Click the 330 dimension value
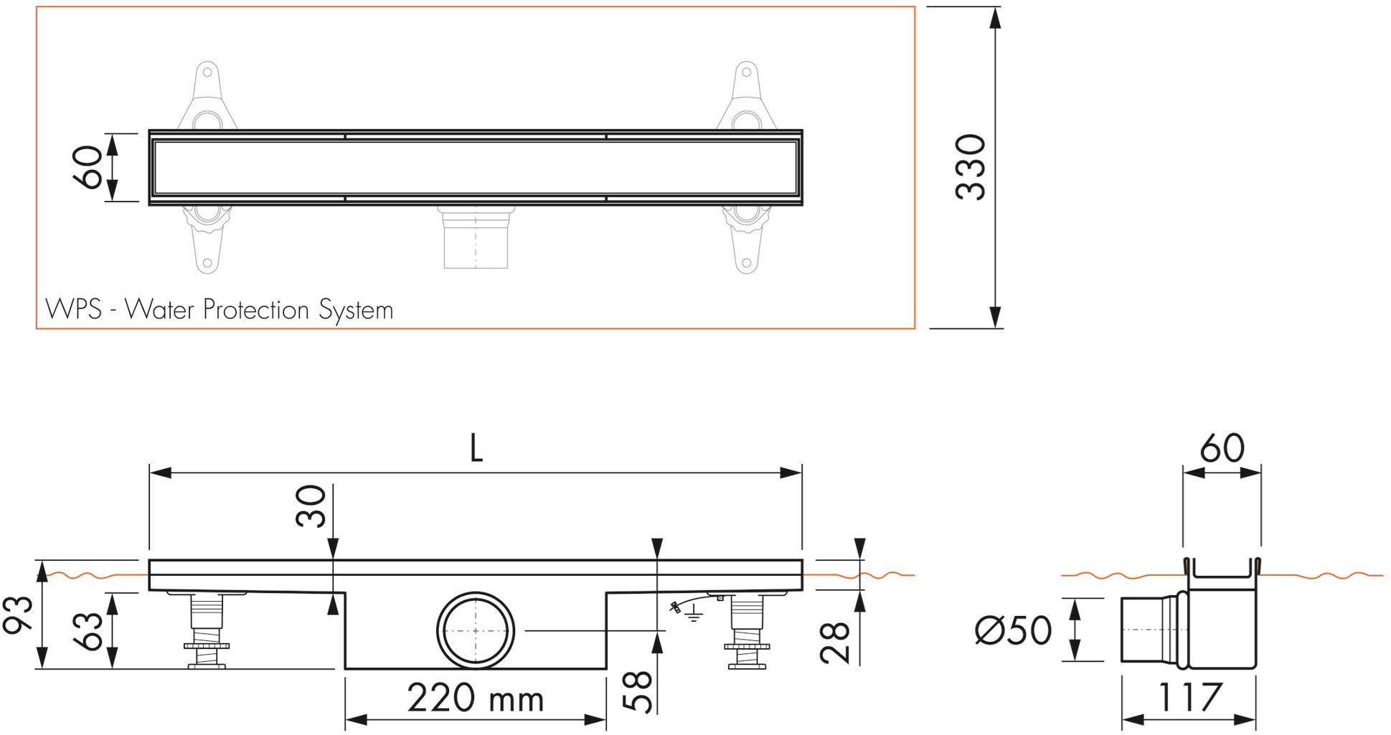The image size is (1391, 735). [x=971, y=167]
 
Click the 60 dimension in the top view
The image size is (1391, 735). [x=90, y=167]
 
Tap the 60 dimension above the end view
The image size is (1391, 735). [x=1222, y=449]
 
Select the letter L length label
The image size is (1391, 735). [x=476, y=449]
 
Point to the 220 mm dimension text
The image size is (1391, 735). [x=476, y=698]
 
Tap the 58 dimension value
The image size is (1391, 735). [x=638, y=692]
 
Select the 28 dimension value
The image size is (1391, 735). [x=836, y=642]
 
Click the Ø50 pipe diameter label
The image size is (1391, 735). [x=1013, y=630]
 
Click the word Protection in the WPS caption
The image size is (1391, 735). [x=257, y=310]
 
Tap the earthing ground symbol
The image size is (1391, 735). [x=692, y=614]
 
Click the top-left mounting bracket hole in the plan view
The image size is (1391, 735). [x=207, y=72]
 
